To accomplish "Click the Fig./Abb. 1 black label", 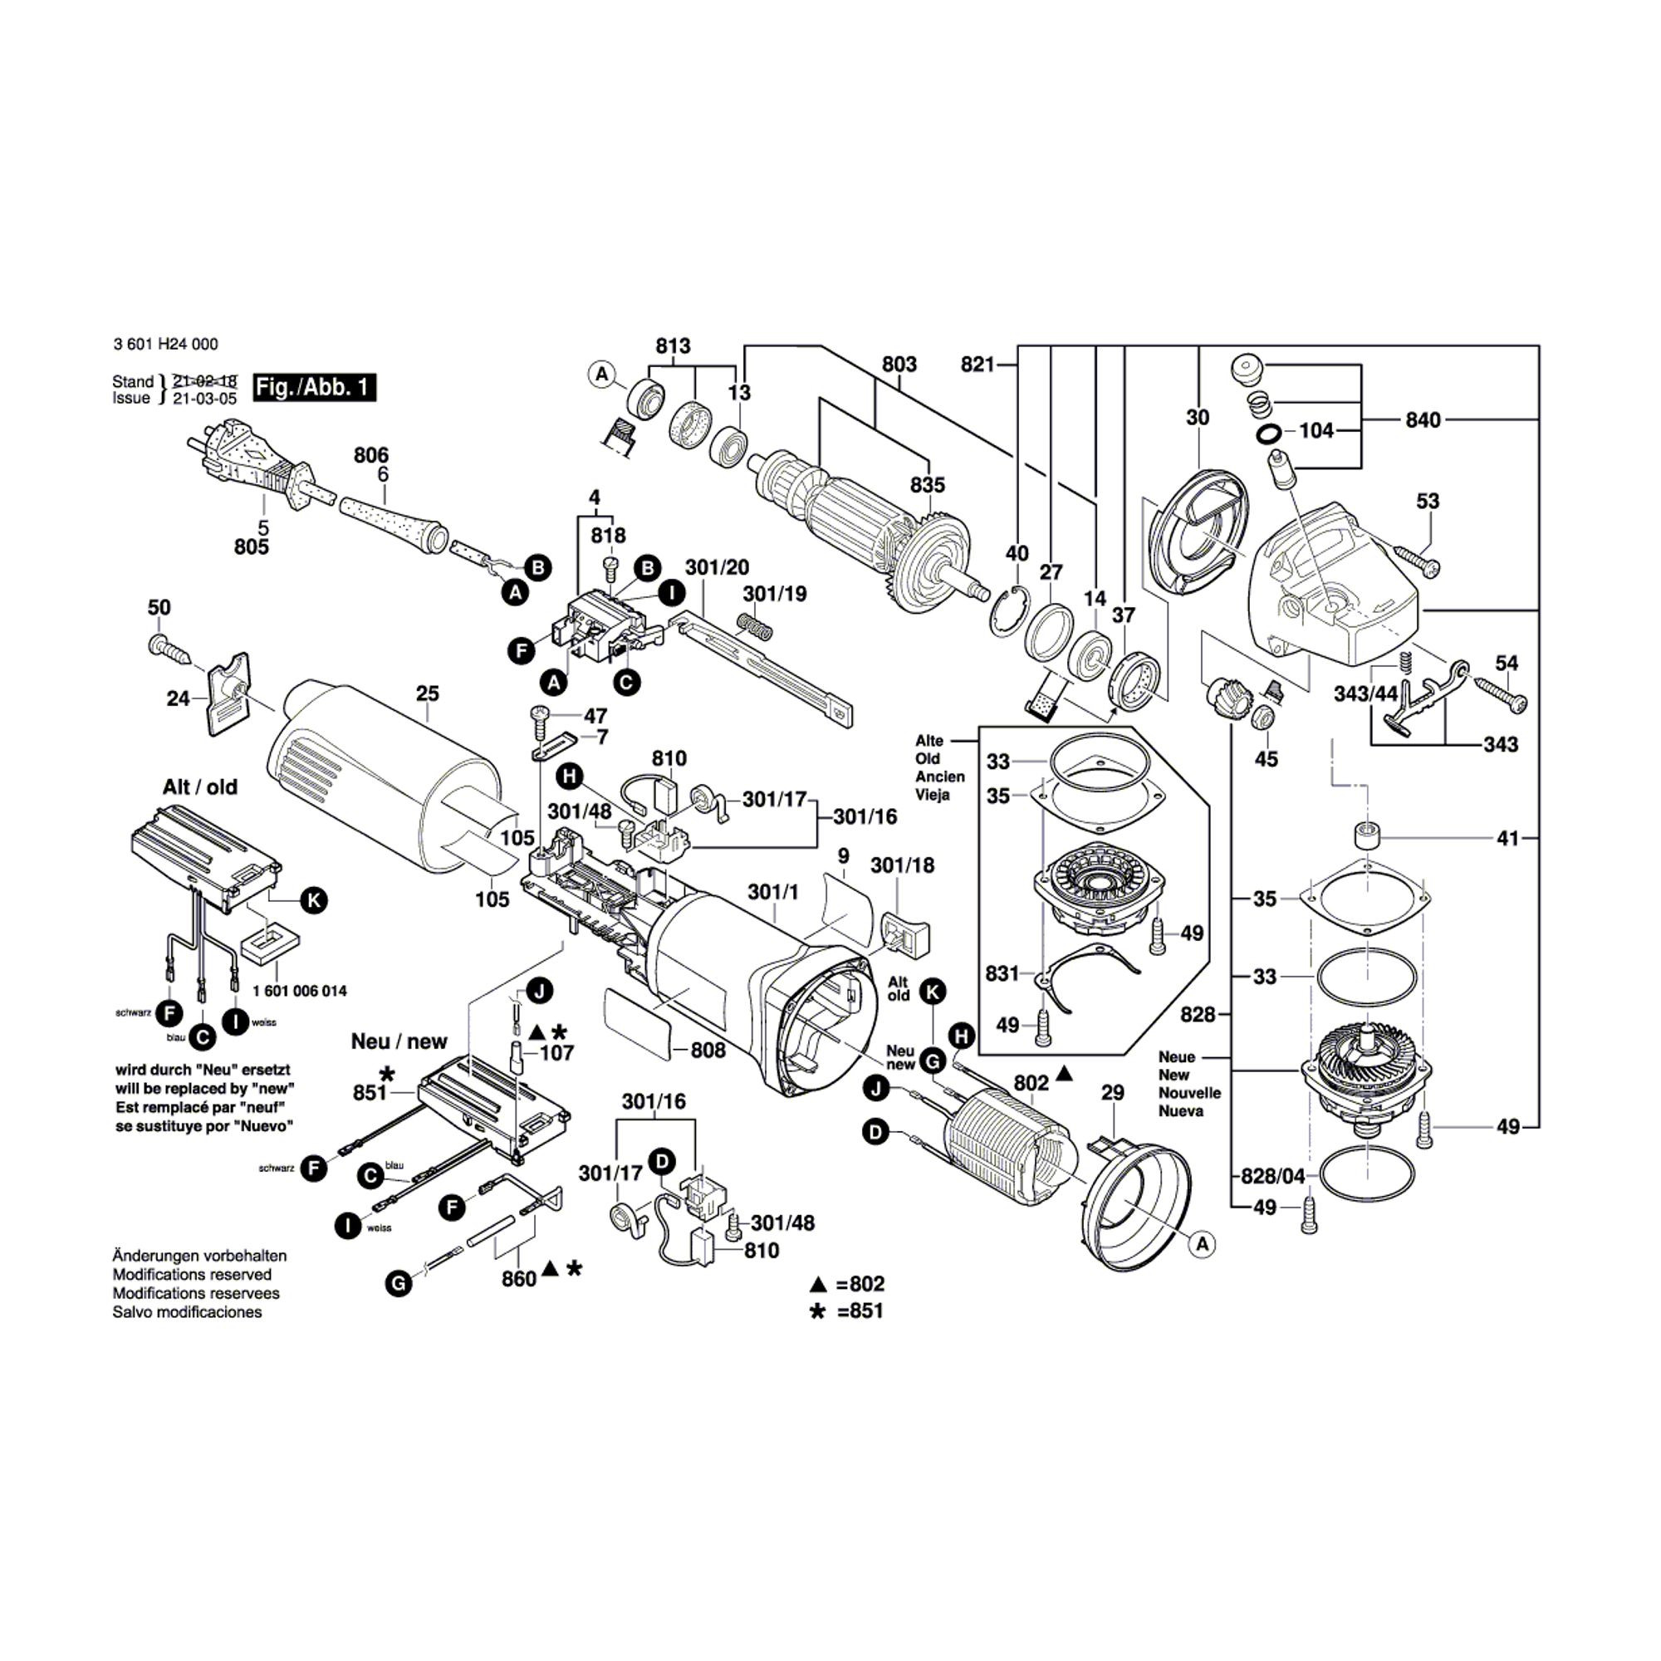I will [x=314, y=387].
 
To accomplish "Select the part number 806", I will [x=370, y=455].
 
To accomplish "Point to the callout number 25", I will [x=427, y=693].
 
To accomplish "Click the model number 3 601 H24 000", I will [x=165, y=344].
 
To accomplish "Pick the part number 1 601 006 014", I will [x=300, y=992].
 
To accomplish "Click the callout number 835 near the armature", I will [x=928, y=485].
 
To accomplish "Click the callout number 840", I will [x=1423, y=419].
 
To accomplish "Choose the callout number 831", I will [x=1002, y=973].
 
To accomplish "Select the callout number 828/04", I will [x=1272, y=1176].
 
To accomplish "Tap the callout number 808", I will [x=708, y=1050].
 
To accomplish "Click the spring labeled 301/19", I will [x=757, y=625].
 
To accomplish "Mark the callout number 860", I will [x=519, y=1278].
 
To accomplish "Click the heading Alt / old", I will [x=199, y=786].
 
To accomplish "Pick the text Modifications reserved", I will [x=192, y=1275].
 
